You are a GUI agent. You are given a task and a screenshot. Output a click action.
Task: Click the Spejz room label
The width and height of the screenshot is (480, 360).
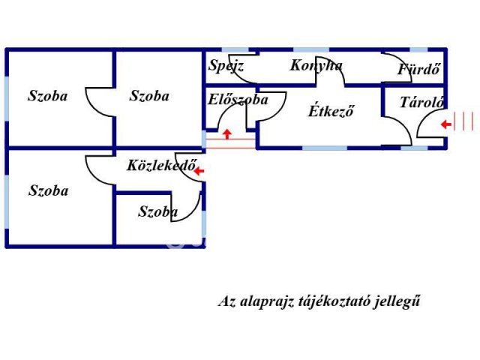226,66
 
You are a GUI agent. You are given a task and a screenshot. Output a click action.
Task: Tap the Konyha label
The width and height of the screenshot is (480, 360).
316,65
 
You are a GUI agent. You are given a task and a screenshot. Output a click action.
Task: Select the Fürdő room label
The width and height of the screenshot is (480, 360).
418,70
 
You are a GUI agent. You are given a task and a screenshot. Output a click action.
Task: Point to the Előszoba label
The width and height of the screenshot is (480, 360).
238,100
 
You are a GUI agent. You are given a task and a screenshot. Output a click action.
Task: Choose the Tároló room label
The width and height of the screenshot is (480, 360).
422,103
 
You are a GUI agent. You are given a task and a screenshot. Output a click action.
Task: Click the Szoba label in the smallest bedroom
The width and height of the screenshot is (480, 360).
158,212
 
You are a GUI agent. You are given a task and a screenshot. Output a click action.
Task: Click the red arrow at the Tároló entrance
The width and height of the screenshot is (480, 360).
445,124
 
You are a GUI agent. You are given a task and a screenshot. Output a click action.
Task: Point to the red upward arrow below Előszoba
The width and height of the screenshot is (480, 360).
227,134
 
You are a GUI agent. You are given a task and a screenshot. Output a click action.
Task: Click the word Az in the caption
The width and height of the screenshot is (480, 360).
226,302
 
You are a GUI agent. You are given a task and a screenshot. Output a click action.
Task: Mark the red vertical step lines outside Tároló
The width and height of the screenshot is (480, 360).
466,121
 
